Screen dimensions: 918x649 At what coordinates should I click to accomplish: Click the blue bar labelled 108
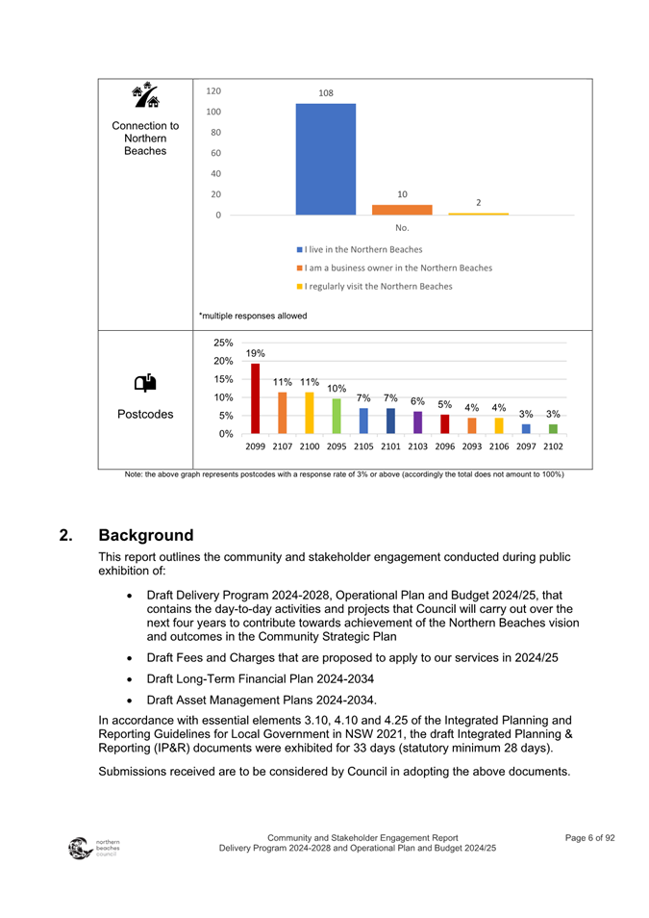coord(325,159)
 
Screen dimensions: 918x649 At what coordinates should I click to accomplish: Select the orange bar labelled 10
coord(402,210)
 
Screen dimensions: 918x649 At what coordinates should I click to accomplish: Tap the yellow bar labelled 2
coord(478,214)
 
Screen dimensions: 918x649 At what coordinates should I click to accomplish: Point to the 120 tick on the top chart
coord(213,91)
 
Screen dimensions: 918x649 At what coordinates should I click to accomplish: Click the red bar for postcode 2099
coord(256,398)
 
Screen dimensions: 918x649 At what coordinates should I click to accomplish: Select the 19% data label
coord(256,354)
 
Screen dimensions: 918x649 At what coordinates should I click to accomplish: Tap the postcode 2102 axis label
coord(553,446)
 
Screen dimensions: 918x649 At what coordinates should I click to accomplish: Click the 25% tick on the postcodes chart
coord(223,343)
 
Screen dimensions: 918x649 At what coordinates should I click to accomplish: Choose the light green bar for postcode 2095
coord(337,416)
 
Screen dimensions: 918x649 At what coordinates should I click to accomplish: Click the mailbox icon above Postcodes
coord(144,382)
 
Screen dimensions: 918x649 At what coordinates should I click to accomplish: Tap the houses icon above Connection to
coord(145,96)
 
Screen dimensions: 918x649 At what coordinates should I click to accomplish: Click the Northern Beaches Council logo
coord(87,848)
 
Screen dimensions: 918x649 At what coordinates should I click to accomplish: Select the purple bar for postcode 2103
coord(417,422)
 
